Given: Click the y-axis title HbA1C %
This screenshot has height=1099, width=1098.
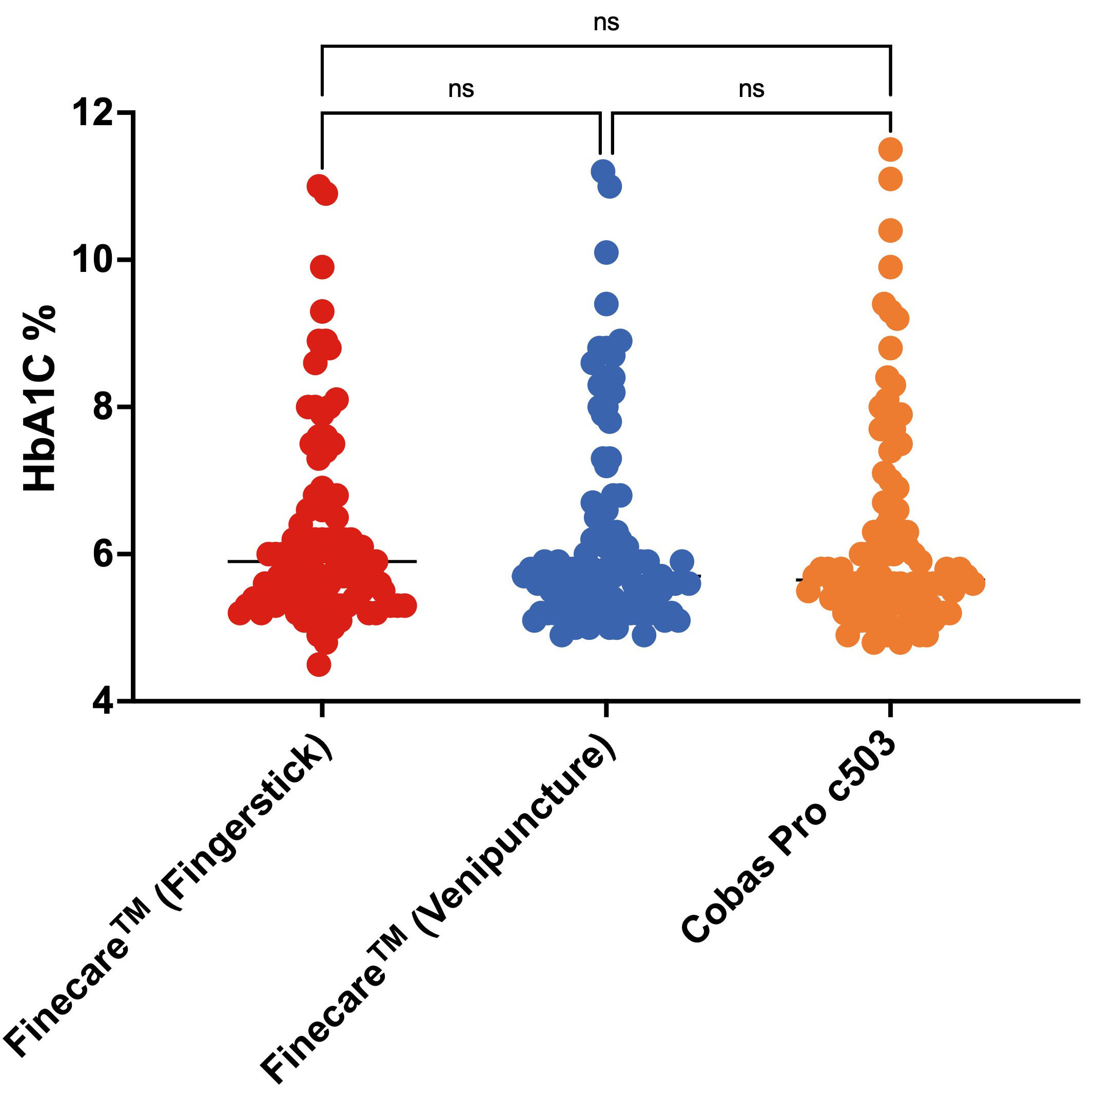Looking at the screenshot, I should pyautogui.click(x=40, y=398).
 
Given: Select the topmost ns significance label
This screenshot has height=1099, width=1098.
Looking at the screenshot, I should pyautogui.click(x=606, y=23).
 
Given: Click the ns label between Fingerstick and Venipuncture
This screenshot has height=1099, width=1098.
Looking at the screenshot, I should pyautogui.click(x=461, y=89).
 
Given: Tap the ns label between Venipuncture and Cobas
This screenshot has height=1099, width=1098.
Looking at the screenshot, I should pyautogui.click(x=751, y=89).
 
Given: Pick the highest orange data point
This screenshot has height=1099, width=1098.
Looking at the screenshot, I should pyautogui.click(x=890, y=150).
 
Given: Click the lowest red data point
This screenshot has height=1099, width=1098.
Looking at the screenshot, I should pyautogui.click(x=319, y=664).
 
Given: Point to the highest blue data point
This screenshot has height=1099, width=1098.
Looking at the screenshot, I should pyautogui.click(x=602, y=171).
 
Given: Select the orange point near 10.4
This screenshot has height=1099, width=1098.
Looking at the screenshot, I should pyautogui.click(x=890, y=230).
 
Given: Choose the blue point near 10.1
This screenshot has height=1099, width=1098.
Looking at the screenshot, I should pyautogui.click(x=606, y=252).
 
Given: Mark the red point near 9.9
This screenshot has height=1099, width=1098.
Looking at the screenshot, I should pyautogui.click(x=323, y=267).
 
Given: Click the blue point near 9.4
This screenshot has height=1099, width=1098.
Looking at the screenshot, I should pyautogui.click(x=606, y=304).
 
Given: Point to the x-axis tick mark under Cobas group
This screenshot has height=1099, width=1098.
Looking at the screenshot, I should pyautogui.click(x=890, y=710).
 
